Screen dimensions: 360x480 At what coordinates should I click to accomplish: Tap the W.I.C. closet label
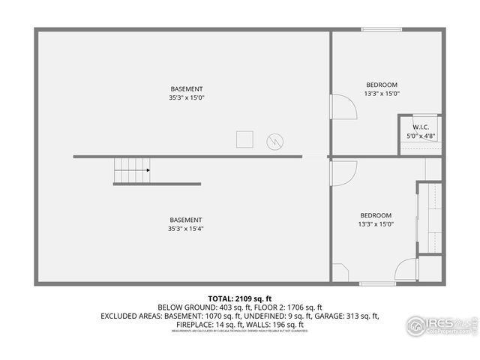421,127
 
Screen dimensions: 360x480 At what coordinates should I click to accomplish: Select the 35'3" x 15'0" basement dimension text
187,97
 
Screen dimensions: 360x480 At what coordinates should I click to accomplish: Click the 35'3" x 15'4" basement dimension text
187,229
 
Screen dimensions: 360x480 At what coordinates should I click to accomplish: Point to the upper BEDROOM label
382,85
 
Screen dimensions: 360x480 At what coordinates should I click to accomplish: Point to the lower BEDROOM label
376,215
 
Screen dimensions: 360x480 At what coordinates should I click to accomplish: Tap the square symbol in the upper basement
245,140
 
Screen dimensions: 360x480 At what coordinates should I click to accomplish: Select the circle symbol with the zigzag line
276,141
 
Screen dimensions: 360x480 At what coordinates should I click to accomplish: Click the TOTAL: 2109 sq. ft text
240,298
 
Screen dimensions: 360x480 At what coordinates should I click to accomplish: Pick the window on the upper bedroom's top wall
381,30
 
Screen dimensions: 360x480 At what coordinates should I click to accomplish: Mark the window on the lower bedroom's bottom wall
377,283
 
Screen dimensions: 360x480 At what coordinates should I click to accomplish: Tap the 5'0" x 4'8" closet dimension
421,136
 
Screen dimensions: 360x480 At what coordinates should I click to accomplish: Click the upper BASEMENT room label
187,88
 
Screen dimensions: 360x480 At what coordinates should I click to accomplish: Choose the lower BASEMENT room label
187,220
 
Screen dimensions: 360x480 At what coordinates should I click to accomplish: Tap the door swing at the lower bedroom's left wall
342,173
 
